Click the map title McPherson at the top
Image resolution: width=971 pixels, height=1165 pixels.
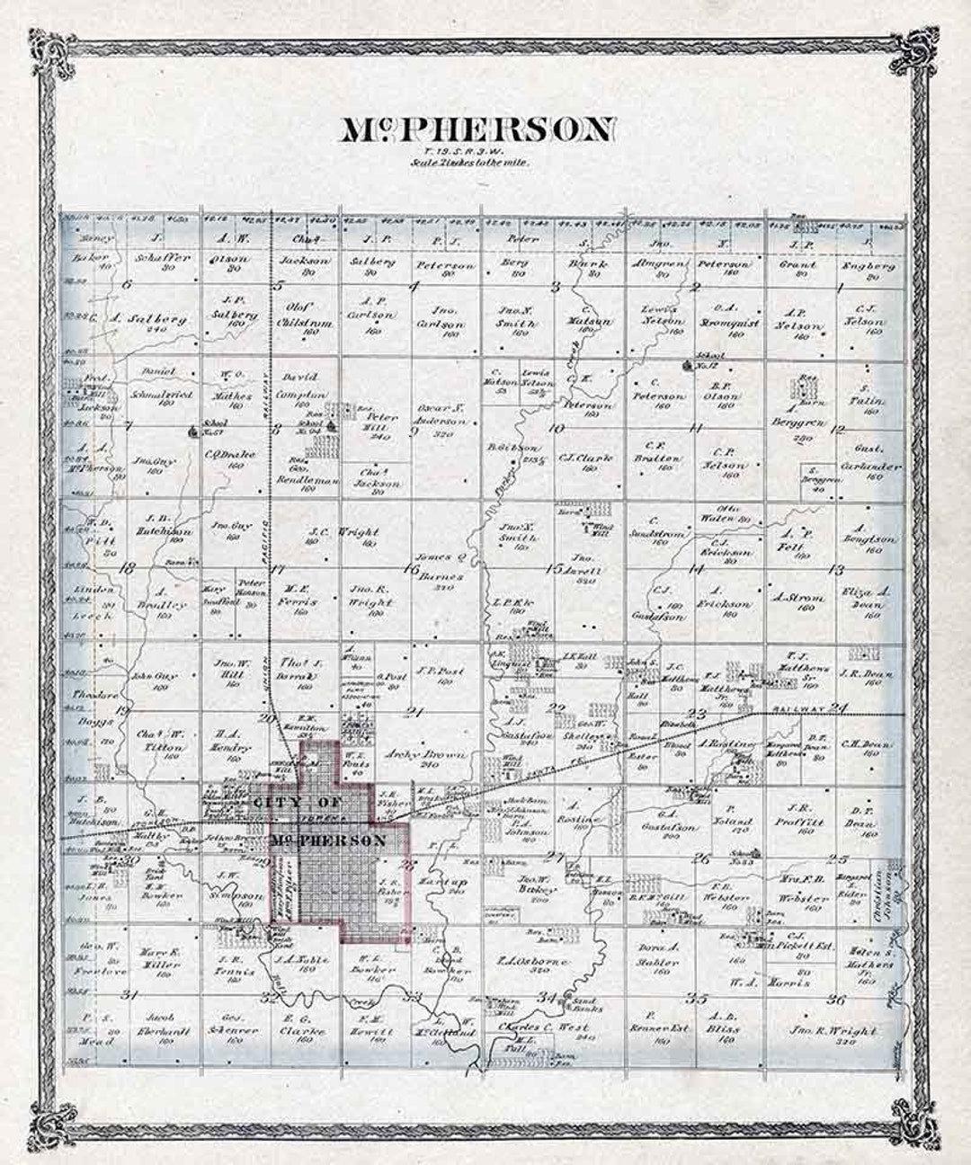(x=478, y=130)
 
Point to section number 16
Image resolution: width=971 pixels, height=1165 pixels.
(x=411, y=567)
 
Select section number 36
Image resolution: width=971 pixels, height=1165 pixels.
(x=836, y=999)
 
